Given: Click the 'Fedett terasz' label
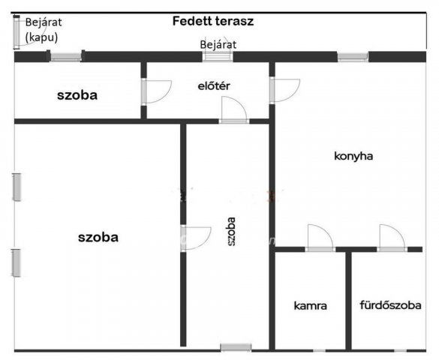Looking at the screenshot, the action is [213, 21].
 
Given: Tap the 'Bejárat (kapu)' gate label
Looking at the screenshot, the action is [44, 30].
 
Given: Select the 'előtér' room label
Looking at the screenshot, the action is [214, 85].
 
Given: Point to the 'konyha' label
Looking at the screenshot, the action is [353, 156].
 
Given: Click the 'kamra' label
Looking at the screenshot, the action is [310, 305].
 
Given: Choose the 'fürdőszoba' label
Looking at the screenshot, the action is [390, 305].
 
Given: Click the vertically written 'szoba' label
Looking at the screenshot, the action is [231, 232].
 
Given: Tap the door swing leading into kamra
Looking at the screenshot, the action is [320, 237].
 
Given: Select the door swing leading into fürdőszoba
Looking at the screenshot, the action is [392, 237].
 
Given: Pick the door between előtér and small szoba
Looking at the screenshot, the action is [157, 91].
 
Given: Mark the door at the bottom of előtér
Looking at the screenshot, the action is [234, 109].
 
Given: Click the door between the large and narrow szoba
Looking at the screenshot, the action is [196, 238].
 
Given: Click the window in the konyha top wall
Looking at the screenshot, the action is [353, 56].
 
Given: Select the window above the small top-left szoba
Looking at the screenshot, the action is [66, 56].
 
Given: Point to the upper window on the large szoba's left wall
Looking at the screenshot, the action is [17, 187].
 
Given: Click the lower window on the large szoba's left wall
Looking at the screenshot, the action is [17, 263].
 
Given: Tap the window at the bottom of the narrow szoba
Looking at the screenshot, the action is [236, 347].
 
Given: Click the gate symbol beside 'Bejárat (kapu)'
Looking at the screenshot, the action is [17, 31].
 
